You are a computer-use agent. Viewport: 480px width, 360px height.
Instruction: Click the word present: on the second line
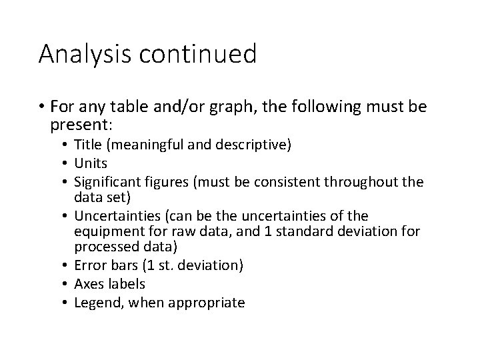78,125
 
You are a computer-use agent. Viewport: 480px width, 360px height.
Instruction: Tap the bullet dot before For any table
43,107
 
